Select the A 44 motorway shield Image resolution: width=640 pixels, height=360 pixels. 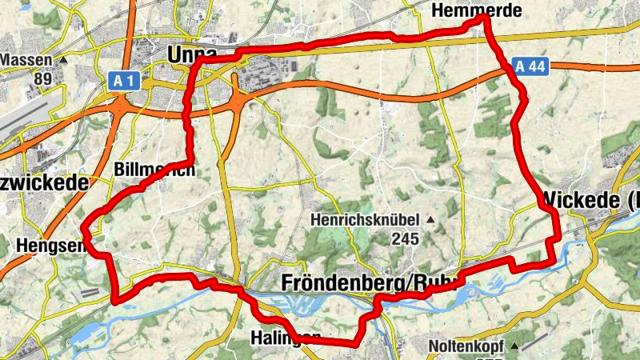coord(530,66)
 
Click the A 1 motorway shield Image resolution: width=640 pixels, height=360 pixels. coord(122,79)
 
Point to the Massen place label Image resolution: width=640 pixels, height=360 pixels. coord(26,60)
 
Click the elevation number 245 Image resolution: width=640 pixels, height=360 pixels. coord(406,238)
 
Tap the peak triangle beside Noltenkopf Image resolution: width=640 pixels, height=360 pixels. coord(515,346)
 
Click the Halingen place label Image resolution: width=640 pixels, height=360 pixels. coord(284,337)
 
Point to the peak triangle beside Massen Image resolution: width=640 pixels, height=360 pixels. coord(63,60)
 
